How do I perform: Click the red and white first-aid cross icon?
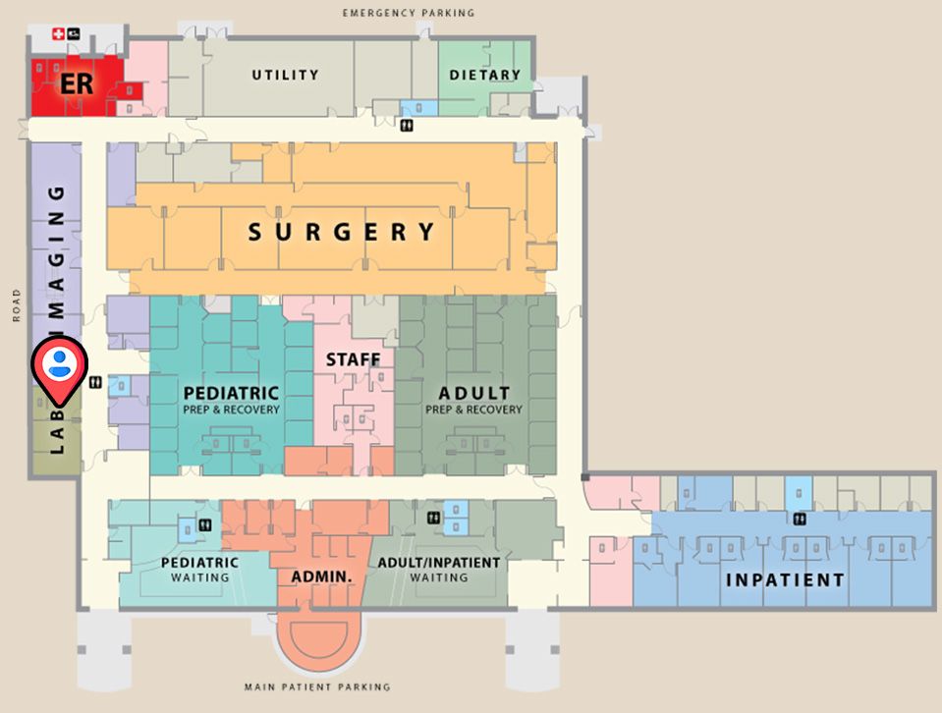click(58, 35)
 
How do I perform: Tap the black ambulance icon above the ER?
click(74, 35)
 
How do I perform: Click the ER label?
click(77, 83)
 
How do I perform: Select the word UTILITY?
click(285, 75)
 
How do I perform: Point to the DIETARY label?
click(484, 75)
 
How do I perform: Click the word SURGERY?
click(341, 233)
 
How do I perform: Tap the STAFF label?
click(353, 360)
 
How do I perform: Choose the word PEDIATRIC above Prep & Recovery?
click(231, 394)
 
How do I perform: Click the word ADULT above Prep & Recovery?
click(474, 394)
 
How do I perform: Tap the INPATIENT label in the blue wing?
click(785, 579)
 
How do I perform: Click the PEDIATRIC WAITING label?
click(200, 570)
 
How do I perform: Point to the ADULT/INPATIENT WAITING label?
click(439, 570)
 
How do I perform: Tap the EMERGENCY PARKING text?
click(409, 13)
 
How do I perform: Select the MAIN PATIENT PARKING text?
click(317, 687)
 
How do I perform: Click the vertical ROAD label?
click(17, 305)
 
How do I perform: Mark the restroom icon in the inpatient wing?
click(800, 519)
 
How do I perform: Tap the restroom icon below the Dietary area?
click(407, 126)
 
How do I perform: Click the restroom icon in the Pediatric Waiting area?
click(204, 524)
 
